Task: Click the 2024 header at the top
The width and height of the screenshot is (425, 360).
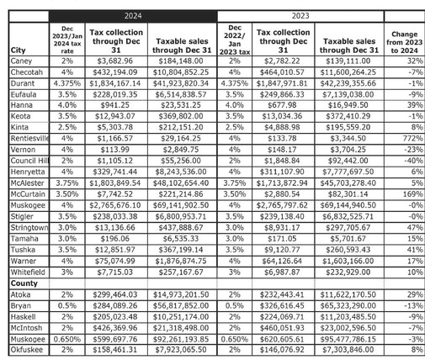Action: pos(132,15)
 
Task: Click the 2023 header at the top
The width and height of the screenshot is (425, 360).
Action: pos(300,15)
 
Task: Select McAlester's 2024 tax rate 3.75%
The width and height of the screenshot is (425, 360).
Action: pos(66,204)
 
